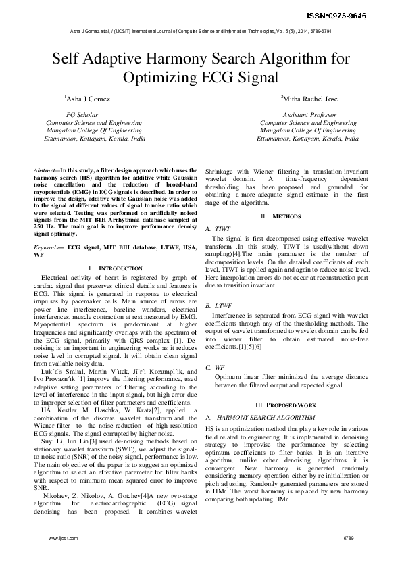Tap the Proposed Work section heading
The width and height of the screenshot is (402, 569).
286,403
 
